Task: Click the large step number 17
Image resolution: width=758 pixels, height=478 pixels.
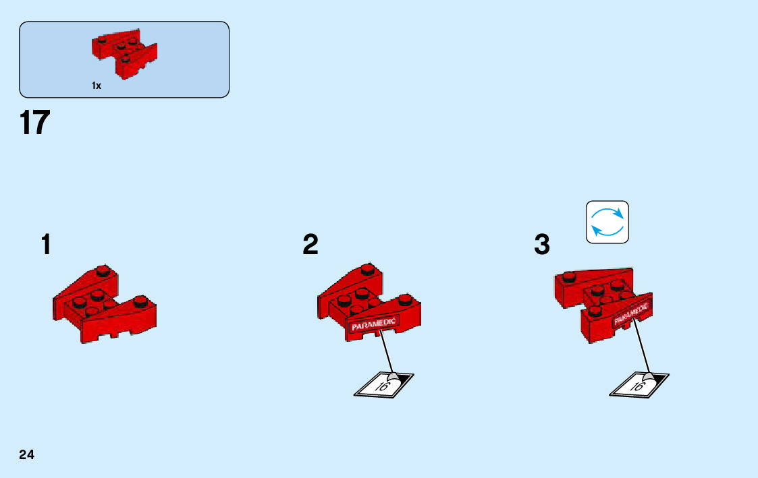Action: click(x=34, y=123)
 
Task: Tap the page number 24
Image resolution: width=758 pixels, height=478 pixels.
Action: click(x=27, y=454)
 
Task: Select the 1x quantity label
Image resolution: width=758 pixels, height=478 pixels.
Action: click(x=97, y=86)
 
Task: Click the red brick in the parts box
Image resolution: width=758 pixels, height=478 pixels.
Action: click(x=124, y=53)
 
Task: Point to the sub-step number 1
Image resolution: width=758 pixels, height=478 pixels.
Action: click(x=45, y=245)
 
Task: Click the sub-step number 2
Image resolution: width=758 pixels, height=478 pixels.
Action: click(x=310, y=245)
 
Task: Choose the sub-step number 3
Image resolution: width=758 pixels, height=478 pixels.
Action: click(x=542, y=245)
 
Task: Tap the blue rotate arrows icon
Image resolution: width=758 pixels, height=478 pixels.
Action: click(x=607, y=222)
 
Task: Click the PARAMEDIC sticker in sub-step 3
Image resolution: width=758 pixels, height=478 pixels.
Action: click(x=632, y=313)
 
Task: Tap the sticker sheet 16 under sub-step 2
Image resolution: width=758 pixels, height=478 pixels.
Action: click(x=383, y=385)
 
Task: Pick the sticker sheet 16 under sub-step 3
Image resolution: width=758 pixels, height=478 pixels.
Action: click(x=639, y=385)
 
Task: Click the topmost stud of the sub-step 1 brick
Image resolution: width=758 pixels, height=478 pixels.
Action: click(x=103, y=271)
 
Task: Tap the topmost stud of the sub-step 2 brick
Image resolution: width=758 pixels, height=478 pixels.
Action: click(x=367, y=270)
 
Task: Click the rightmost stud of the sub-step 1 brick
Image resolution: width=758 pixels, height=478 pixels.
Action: click(x=140, y=300)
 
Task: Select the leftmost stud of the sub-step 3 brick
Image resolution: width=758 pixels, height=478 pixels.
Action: click(x=568, y=275)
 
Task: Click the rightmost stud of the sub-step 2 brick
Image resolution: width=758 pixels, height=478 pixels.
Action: click(x=405, y=299)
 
